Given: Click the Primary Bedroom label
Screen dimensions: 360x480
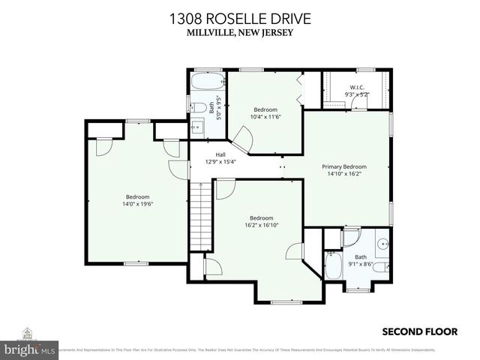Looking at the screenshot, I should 344,166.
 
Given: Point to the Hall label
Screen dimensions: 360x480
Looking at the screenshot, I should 199,155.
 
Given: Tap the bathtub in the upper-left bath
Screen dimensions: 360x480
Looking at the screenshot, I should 204,82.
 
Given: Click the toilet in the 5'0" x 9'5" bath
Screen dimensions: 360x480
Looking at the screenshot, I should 193,106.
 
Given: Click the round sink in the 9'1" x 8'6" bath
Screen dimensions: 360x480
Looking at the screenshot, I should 383,243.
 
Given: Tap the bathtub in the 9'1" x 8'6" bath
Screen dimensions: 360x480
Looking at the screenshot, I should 334,265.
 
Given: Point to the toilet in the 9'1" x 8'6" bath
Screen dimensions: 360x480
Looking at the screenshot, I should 380,268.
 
